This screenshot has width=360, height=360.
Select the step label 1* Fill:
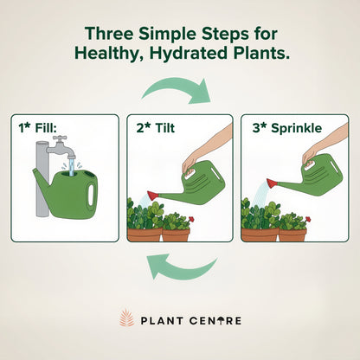pyautogui.click(x=39, y=129)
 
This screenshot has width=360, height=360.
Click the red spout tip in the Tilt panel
pyautogui.click(x=153, y=196)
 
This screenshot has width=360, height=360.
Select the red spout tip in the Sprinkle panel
pyautogui.click(x=270, y=183)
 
